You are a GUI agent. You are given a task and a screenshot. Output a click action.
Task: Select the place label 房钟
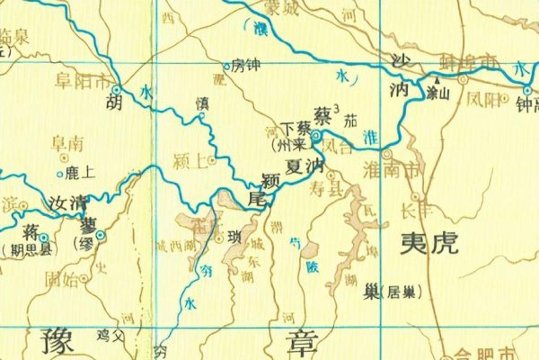tap(245, 65)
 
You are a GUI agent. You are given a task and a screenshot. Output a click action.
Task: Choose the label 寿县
tap(327, 190)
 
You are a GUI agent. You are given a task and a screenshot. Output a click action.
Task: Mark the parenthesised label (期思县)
tap(27, 250)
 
